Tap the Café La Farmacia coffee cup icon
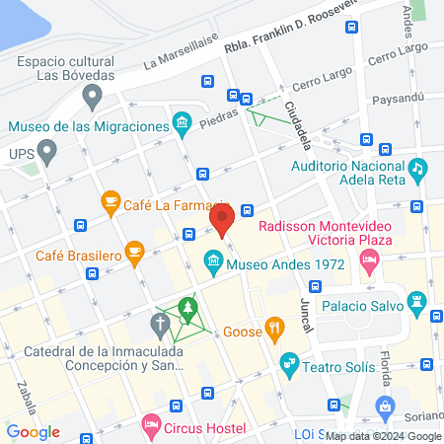tap(111, 203)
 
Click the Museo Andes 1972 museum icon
tap(212, 263)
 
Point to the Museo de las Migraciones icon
tap(182, 124)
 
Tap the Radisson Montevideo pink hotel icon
tap(370, 262)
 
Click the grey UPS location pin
tap(46, 153)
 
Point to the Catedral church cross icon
tap(161, 323)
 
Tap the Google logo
tap(34, 431)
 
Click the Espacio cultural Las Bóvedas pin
tap(93, 97)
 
